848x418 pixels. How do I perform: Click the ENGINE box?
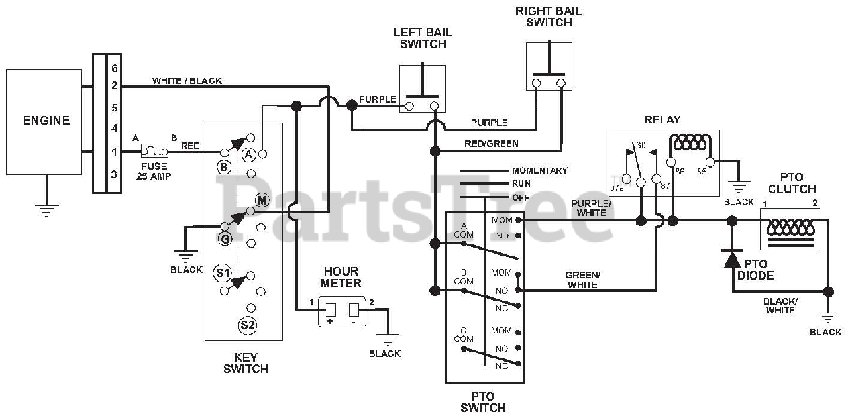click(x=44, y=121)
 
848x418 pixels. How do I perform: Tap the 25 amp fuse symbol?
click(x=154, y=151)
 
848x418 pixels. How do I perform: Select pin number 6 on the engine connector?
click(x=115, y=68)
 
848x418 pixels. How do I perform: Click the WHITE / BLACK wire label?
click(x=187, y=81)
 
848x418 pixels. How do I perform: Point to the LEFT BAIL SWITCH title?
click(x=423, y=38)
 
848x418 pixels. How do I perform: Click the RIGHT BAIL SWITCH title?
click(x=549, y=17)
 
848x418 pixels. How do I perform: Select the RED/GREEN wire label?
click(x=492, y=144)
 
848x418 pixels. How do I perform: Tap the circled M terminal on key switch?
click(x=262, y=200)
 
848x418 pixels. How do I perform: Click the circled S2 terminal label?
click(x=248, y=325)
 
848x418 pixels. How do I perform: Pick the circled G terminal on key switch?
click(x=225, y=239)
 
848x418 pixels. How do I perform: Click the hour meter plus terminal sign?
click(x=330, y=321)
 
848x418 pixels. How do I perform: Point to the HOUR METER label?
click(x=341, y=277)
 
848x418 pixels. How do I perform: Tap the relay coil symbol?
click(x=690, y=142)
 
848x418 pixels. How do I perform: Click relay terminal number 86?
click(x=680, y=172)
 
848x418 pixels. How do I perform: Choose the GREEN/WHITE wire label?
click(x=582, y=280)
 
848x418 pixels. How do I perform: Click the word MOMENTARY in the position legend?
click(x=540, y=171)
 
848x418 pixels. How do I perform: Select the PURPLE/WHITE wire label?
click(x=592, y=208)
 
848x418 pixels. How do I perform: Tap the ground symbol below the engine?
click(x=46, y=211)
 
